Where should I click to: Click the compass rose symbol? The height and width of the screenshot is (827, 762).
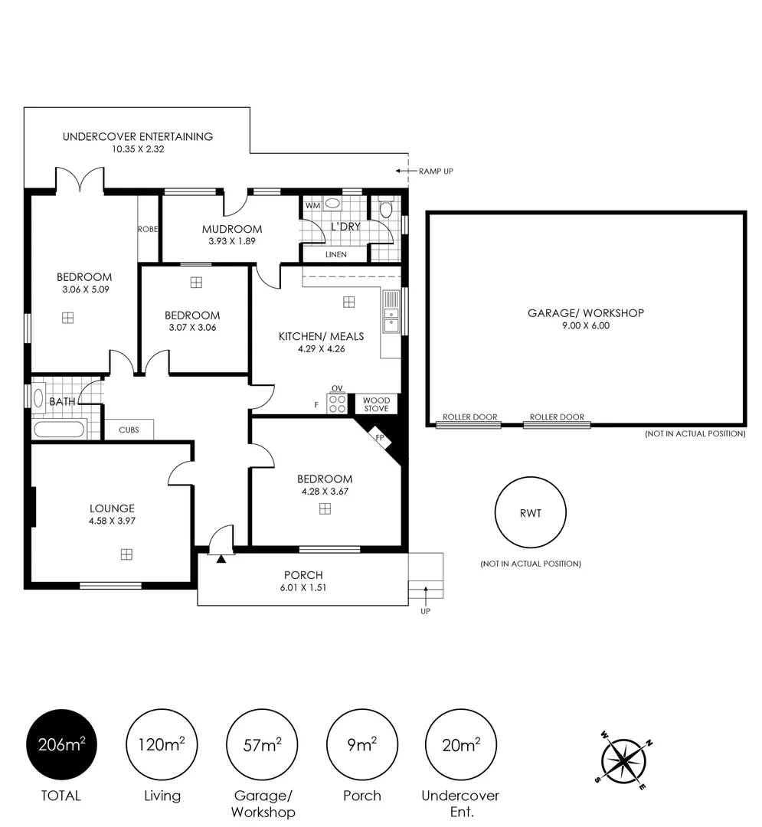(625, 760)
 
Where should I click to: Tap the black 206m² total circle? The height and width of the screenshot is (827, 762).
(62, 744)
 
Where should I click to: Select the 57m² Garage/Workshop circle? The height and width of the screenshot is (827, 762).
(262, 744)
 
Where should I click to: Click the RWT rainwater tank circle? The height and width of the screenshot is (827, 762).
(531, 512)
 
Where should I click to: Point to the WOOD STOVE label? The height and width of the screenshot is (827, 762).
(377, 404)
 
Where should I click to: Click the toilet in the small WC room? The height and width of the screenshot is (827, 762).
(386, 208)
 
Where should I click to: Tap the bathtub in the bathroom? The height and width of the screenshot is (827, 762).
(59, 429)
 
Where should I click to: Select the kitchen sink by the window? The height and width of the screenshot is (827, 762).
(391, 311)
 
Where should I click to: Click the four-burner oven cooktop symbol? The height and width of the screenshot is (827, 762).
(337, 404)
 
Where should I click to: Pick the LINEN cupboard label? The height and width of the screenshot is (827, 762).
(336, 254)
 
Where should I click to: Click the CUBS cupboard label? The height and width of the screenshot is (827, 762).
(129, 430)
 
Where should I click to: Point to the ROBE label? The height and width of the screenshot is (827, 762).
(148, 229)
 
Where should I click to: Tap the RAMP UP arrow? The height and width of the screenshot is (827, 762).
(406, 171)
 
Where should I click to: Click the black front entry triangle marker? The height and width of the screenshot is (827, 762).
(221, 558)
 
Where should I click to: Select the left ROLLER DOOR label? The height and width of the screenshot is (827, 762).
(470, 417)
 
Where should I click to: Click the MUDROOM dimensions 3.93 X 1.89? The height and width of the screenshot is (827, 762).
(232, 241)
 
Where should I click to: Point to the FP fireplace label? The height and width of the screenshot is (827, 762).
(380, 437)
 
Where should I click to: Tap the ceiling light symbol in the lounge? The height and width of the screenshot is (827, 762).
(126, 554)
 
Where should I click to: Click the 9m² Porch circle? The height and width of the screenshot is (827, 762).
(362, 744)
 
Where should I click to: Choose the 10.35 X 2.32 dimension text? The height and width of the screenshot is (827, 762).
(138, 149)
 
